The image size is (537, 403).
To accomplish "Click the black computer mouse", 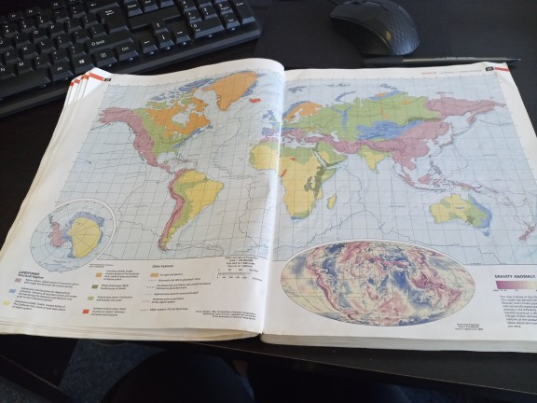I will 374,26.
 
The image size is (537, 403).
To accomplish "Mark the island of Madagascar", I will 332,201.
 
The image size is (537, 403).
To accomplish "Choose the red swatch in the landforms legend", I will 88,307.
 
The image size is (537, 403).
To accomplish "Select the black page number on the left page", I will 107,79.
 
